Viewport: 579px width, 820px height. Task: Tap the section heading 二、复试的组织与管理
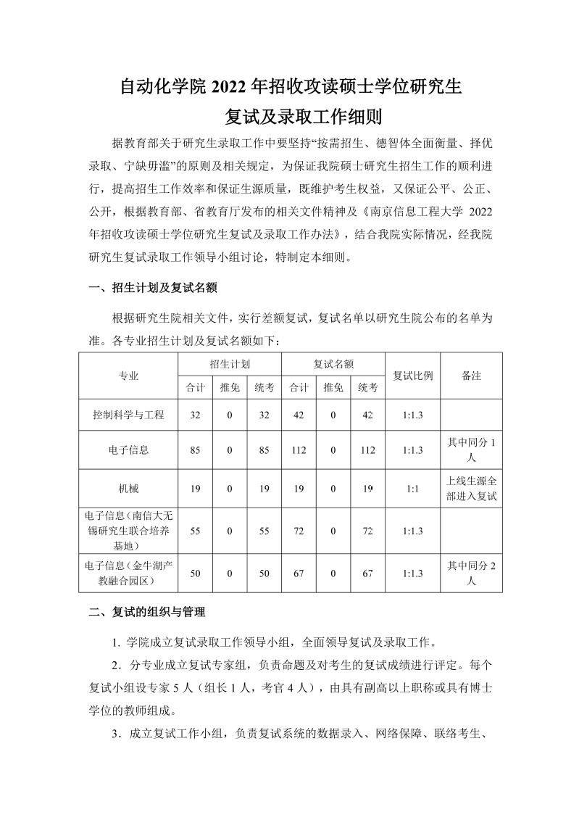click(147, 612)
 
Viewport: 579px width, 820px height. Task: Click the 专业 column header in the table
click(128, 376)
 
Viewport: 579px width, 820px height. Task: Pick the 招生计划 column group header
click(229, 364)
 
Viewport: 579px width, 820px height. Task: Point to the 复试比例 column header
click(412, 376)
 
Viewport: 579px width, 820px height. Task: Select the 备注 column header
click(471, 376)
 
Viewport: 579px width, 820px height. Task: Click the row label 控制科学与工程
click(128, 415)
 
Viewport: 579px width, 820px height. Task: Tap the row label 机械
click(128, 488)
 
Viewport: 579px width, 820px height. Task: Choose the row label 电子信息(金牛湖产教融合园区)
click(128, 573)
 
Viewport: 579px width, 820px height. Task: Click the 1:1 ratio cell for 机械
click(412, 488)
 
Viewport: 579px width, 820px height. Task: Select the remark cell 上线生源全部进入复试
click(472, 488)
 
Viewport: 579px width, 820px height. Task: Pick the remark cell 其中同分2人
click(472, 573)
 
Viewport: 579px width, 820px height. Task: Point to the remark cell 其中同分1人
click(472, 450)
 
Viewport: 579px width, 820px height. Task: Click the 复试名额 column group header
click(333, 364)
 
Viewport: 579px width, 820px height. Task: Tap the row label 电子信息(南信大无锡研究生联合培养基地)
click(128, 530)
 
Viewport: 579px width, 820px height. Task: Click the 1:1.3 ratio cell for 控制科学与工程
click(412, 415)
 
